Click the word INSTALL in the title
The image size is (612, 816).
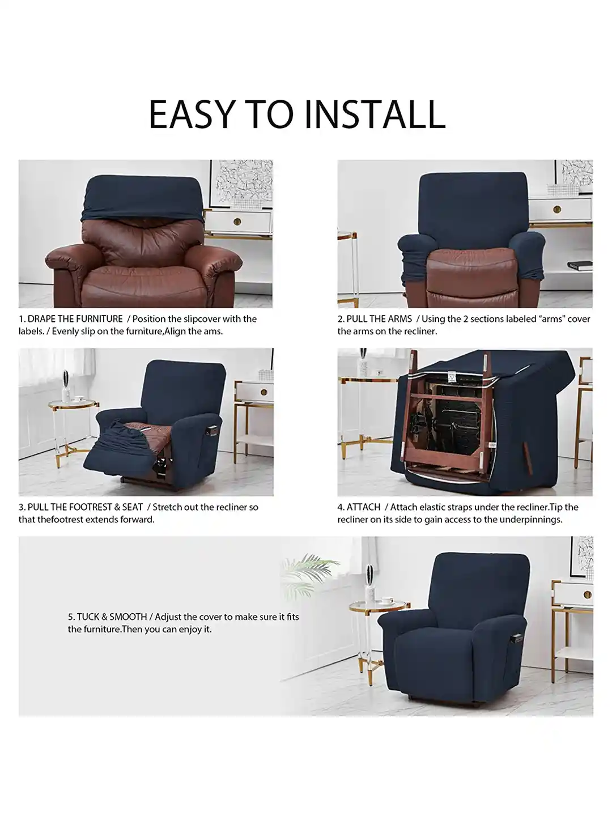(374, 114)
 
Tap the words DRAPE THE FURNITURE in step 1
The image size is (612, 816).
(75, 319)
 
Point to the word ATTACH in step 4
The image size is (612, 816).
(363, 507)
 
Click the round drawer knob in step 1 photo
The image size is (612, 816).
(237, 221)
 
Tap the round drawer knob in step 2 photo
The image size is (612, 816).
(557, 210)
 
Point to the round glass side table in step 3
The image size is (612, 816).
(73, 406)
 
